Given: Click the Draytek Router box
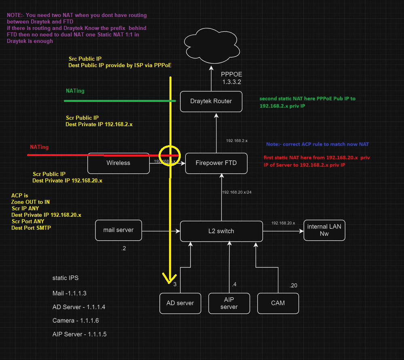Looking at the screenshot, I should [211, 101].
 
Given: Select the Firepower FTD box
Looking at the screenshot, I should [216, 163].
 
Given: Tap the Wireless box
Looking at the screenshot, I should [118, 163].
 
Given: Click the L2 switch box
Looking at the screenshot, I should [221, 231].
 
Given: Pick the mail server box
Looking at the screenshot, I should [118, 230].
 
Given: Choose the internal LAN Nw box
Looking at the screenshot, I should [324, 230].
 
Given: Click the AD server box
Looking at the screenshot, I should [180, 303].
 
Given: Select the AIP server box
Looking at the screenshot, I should [229, 303].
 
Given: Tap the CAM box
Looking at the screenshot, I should [278, 303].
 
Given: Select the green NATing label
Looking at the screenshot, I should [75, 91].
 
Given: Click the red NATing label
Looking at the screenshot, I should [39, 147].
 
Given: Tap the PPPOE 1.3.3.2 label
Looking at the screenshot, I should [232, 78].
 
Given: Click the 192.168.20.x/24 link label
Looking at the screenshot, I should [237, 192].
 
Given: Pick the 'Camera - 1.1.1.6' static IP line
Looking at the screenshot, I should [76, 321].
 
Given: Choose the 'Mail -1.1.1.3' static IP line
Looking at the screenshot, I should [70, 293].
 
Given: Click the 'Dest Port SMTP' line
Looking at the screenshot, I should [31, 228].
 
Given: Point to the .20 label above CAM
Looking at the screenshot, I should [293, 286].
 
